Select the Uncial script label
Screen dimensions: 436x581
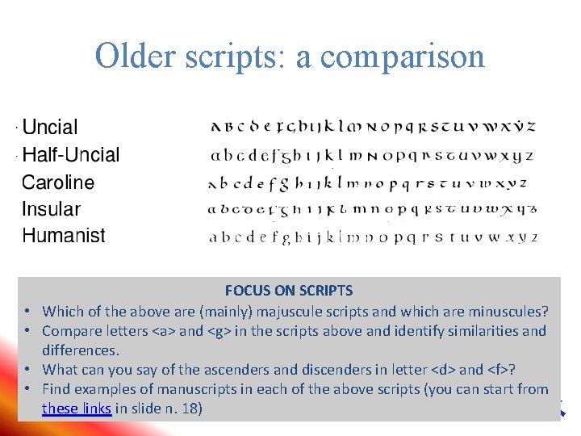pyautogui.click(x=50, y=127)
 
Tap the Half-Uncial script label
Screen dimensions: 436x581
pyautogui.click(x=71, y=154)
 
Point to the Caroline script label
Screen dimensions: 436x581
pyautogui.click(x=58, y=182)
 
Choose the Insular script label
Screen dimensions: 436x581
pyautogui.click(x=52, y=209)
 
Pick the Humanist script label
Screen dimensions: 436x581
pyautogui.click(x=64, y=236)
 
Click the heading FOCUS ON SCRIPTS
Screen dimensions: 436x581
pyautogui.click(x=289, y=291)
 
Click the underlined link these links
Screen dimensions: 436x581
pyautogui.click(x=77, y=409)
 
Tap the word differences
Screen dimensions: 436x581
pyautogui.click(x=81, y=350)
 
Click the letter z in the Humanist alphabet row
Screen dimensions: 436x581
pyautogui.click(x=533, y=237)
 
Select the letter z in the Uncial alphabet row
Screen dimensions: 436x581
pyautogui.click(x=531, y=127)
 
